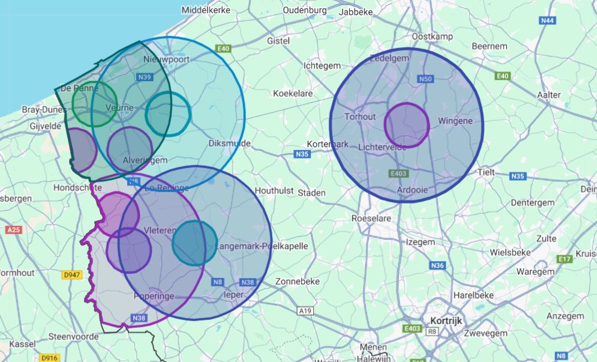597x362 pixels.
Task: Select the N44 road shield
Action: [x=547, y=21]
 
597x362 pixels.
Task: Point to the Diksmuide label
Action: [x=229, y=143]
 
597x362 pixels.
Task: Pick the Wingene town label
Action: [x=455, y=121]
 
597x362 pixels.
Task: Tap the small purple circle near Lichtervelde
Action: [x=406, y=125]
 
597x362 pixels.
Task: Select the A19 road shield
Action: [x=305, y=311]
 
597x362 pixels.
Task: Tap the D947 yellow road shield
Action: [x=71, y=275]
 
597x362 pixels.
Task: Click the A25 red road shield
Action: [x=13, y=230]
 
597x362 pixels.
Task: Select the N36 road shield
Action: [x=437, y=265]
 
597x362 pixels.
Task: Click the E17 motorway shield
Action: [x=564, y=259]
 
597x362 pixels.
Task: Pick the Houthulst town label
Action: [x=274, y=190]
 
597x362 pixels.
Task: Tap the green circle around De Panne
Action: [x=94, y=104]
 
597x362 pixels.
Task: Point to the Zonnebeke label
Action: [x=297, y=282]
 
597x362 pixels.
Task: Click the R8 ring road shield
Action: [x=432, y=331]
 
